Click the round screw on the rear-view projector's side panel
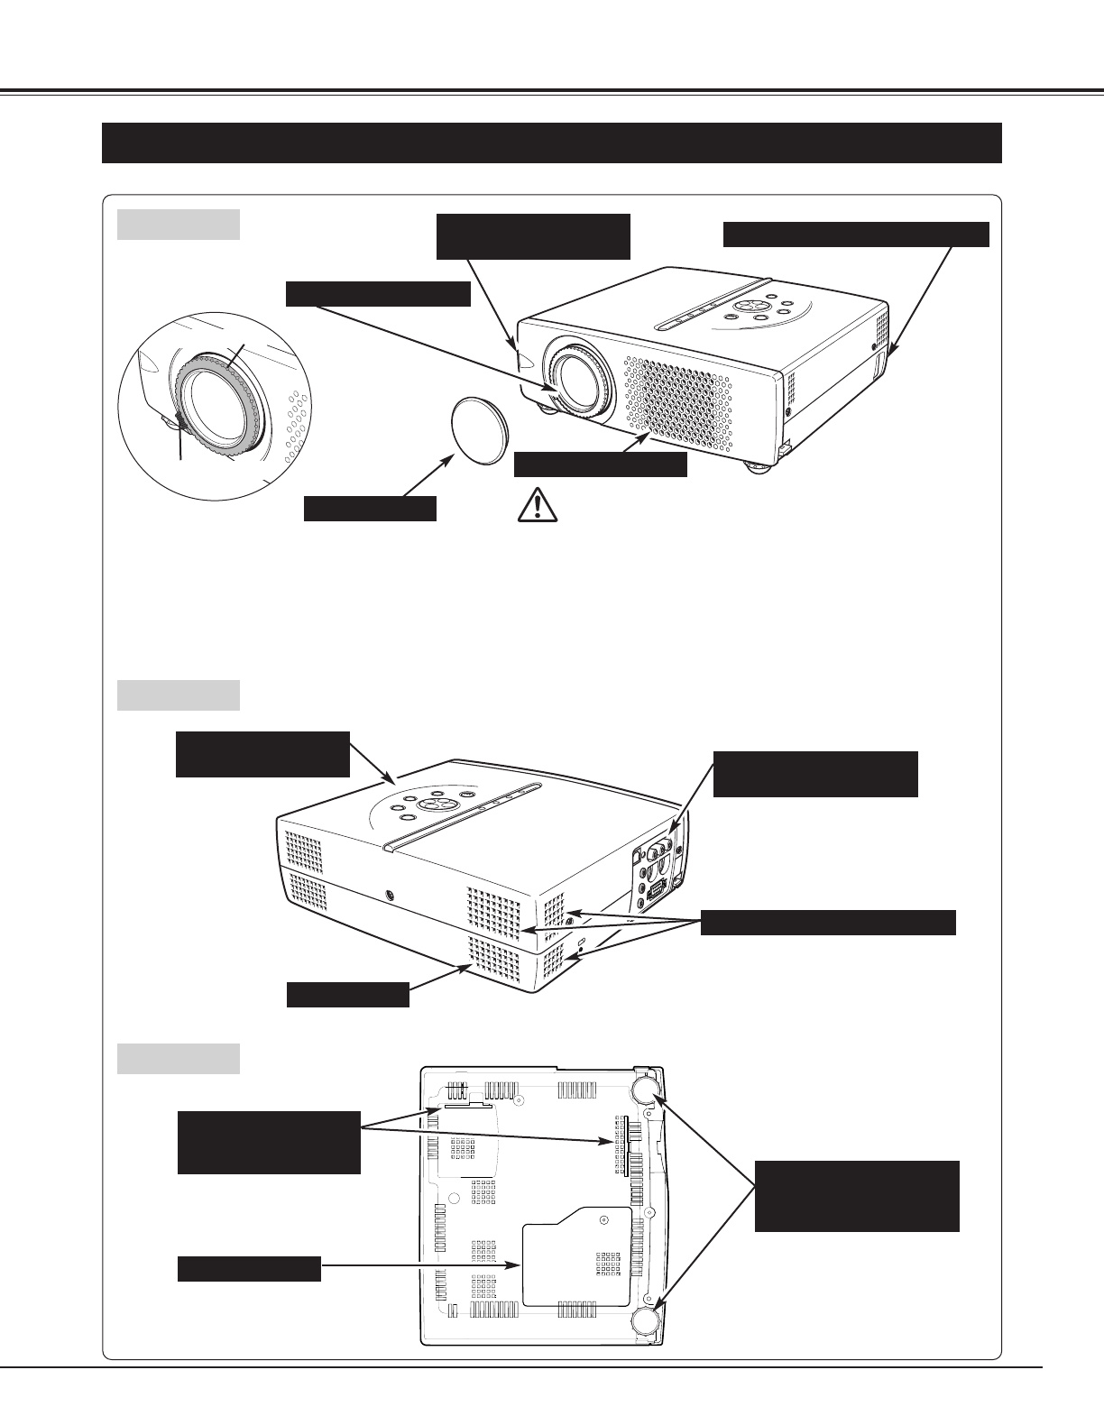(390, 896)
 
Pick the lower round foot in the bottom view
(645, 1321)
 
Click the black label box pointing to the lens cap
(370, 508)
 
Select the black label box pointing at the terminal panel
(815, 774)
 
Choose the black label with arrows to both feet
(857, 1196)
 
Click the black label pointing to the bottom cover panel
(249, 1268)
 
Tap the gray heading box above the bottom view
(179, 1059)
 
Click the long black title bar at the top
(552, 143)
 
